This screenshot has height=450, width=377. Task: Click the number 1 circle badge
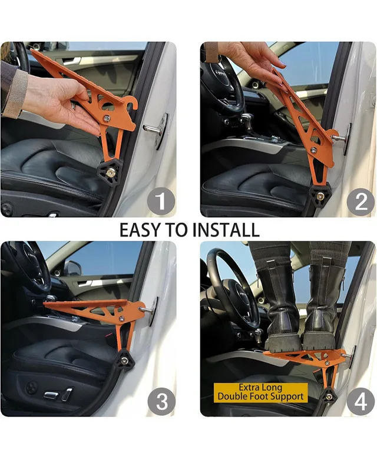coord(160,202)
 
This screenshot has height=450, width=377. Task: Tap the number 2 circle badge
coord(360,202)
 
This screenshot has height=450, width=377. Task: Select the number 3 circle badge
coord(160,402)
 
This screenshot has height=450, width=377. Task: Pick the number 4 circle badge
coord(360,402)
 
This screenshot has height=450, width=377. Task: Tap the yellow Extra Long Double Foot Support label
coord(260,392)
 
